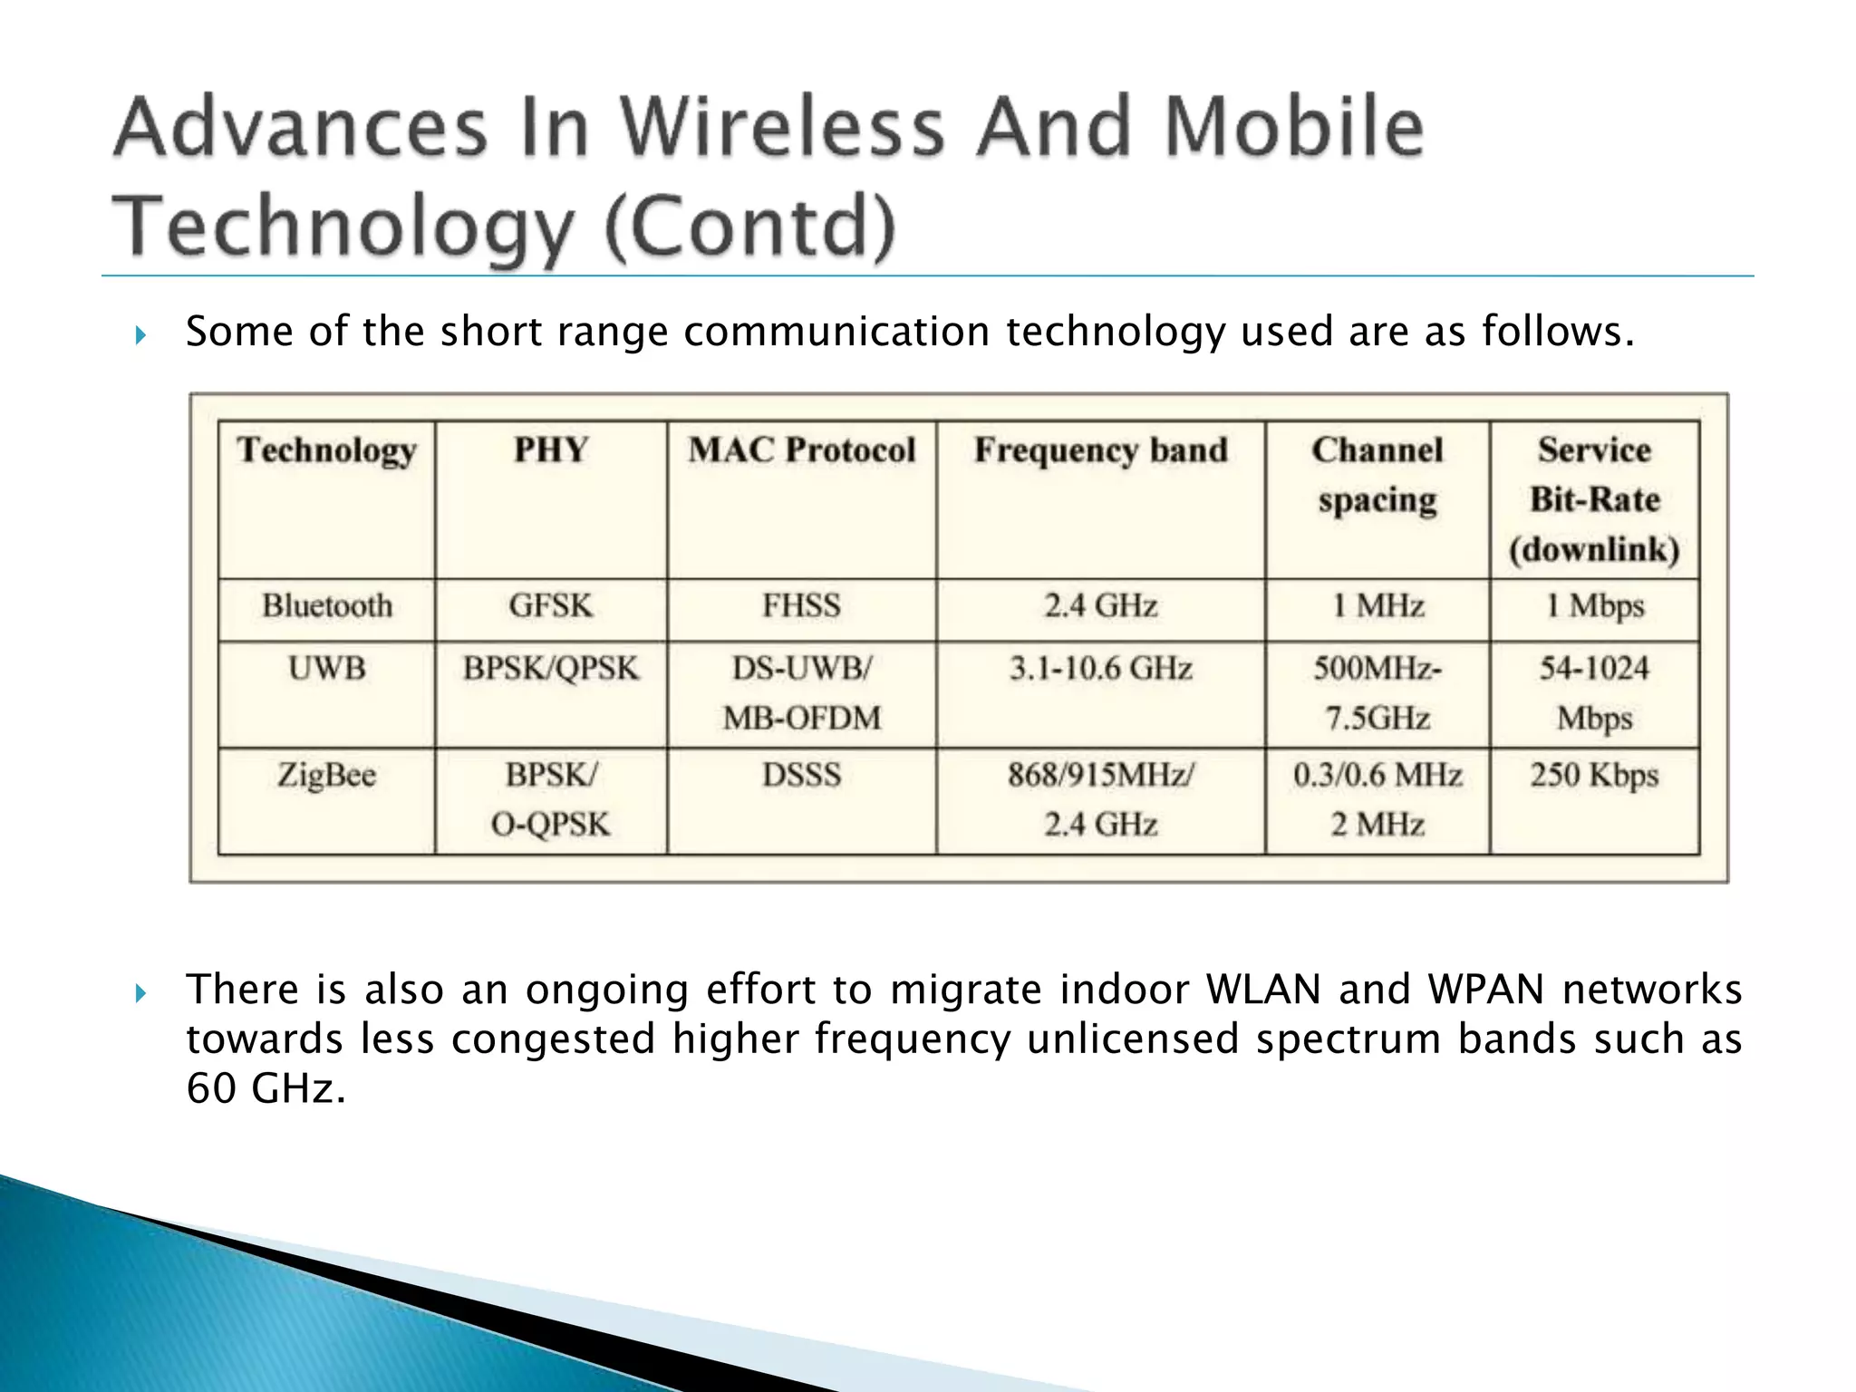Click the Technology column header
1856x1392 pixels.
click(326, 450)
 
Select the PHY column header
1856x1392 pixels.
click(551, 450)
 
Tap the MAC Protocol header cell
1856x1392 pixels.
click(801, 450)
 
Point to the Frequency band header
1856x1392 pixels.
click(1100, 450)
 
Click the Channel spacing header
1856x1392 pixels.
click(1377, 475)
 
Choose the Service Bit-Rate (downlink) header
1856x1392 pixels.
click(1594, 499)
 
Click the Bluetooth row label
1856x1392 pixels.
click(326, 605)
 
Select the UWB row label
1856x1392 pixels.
click(326, 669)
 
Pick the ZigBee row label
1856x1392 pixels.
click(326, 776)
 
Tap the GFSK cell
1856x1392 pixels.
click(551, 605)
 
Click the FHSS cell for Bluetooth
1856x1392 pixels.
click(801, 605)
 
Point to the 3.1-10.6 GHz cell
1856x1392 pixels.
click(1100, 669)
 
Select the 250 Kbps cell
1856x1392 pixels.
click(1594, 776)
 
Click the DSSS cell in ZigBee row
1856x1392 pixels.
click(801, 776)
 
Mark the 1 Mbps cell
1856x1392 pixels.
click(1594, 605)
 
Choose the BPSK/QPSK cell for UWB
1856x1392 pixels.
click(551, 669)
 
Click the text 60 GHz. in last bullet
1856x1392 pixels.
click(266, 1087)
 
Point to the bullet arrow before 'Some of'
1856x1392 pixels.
click(140, 336)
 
